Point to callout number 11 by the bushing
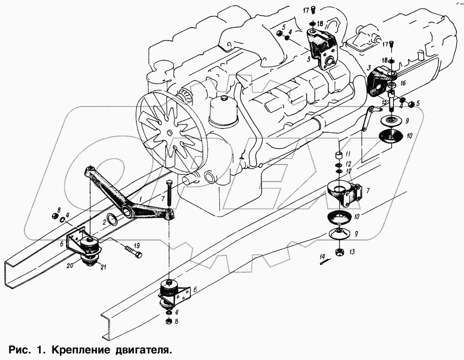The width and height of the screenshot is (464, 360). (348, 154)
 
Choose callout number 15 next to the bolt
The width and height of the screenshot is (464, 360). (385, 102)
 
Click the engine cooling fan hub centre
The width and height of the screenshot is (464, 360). (169, 133)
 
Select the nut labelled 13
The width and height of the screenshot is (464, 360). (339, 252)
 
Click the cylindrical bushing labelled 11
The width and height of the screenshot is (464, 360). (339, 154)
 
